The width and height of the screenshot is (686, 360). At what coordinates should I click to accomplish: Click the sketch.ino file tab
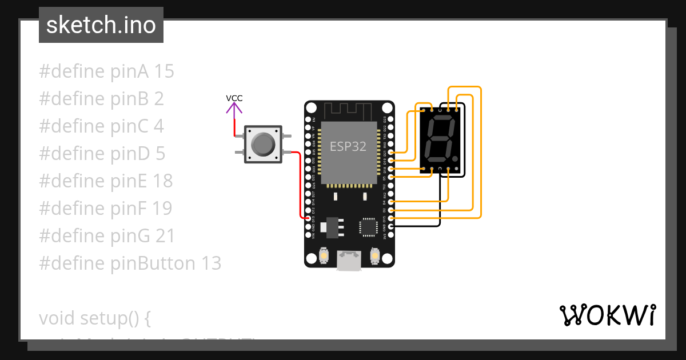click(101, 25)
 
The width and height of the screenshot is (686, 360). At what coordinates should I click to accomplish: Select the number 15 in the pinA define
click(164, 71)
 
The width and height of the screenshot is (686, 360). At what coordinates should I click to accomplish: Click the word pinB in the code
click(130, 99)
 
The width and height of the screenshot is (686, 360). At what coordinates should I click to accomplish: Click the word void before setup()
click(57, 318)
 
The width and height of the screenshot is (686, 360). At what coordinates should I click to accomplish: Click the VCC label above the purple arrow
click(234, 98)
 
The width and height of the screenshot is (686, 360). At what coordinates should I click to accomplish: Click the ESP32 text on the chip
click(348, 146)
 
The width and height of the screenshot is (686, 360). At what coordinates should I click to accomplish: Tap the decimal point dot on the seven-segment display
click(455, 158)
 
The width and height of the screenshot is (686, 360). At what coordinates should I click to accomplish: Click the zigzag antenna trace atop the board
click(349, 109)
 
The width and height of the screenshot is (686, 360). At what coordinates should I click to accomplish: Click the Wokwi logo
click(607, 315)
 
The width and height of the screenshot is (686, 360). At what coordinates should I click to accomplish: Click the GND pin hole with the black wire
click(391, 226)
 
